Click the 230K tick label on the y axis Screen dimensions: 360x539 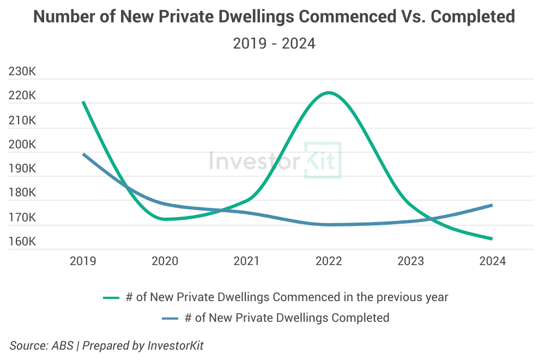[22, 72]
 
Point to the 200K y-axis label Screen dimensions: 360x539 [22, 145]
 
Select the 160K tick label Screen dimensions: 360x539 [22, 242]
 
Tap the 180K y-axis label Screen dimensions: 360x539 [22, 193]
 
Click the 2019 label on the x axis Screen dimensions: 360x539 [83, 261]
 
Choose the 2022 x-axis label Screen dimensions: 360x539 [329, 261]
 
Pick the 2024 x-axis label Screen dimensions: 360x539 [492, 261]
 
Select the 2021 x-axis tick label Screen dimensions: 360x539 [247, 261]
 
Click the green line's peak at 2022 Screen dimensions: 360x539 [329, 93]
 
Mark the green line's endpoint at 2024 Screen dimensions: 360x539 [492, 239]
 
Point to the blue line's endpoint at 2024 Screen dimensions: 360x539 [492, 205]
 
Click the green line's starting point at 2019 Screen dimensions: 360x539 [83, 102]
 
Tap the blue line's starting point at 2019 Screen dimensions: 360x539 [83, 154]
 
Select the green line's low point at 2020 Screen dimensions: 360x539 [165, 219]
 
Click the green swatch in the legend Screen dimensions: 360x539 [111, 298]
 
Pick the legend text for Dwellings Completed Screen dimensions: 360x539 [287, 317]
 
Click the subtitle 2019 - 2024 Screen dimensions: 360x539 [274, 43]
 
